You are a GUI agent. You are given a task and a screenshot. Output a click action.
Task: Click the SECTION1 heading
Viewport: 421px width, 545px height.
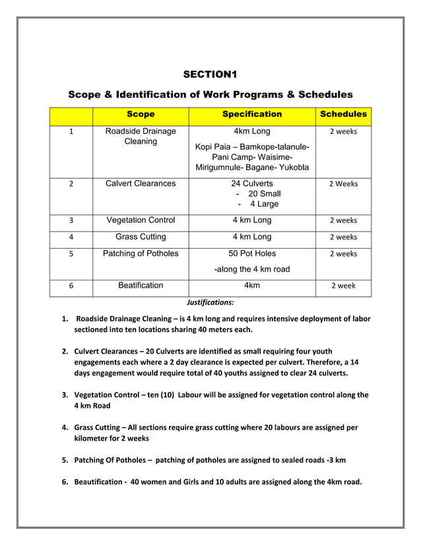coord(210,73)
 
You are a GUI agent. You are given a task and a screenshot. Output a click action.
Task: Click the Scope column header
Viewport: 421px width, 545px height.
coord(141,115)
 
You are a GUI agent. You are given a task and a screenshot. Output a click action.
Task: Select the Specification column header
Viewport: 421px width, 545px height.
coord(252,115)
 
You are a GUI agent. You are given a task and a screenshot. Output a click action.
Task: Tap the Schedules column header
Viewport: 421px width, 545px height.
coord(343,115)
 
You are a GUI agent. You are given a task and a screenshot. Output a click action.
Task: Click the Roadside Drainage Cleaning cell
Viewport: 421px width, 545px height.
coord(141,137)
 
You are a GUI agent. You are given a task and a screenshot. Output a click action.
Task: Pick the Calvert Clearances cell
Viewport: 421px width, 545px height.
coord(141,183)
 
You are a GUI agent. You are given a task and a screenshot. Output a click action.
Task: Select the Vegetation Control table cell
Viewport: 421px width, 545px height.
coord(141,220)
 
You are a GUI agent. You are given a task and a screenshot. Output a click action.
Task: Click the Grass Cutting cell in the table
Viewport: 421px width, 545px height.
coord(141,237)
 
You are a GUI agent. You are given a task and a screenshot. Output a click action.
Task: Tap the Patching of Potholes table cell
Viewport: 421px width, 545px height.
coord(141,253)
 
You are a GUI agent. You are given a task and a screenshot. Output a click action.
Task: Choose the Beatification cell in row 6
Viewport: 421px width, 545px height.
coord(141,286)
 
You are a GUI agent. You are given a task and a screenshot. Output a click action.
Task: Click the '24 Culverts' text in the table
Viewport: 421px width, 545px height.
coord(252,183)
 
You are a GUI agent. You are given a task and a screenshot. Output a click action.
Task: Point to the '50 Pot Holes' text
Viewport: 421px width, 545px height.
coord(252,253)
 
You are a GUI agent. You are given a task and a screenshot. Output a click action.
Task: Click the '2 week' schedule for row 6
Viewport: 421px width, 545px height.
coord(343,286)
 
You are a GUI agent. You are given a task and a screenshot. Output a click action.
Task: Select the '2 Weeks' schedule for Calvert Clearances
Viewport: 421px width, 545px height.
coord(343,184)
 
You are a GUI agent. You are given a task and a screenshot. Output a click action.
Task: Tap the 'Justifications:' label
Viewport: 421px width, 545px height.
coord(210,303)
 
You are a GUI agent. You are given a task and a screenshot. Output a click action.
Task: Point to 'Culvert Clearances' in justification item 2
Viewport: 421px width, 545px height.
coord(112,352)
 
